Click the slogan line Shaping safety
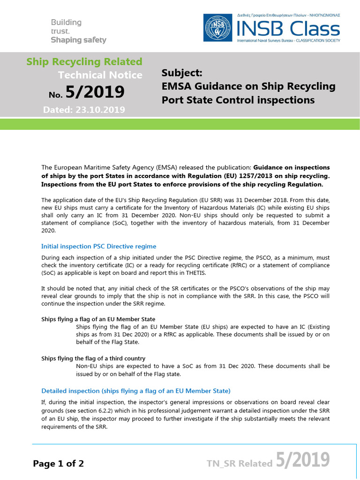(78, 40)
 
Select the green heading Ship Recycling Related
(84, 61)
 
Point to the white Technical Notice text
(100, 75)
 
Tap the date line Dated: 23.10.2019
(84, 110)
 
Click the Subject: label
(181, 73)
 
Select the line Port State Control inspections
(238, 100)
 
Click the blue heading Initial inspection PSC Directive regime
(99, 246)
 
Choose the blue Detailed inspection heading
(136, 390)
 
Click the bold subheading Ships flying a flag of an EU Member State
(98, 319)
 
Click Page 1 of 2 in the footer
(59, 464)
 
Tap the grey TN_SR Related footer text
(240, 464)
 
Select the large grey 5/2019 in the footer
(302, 461)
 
